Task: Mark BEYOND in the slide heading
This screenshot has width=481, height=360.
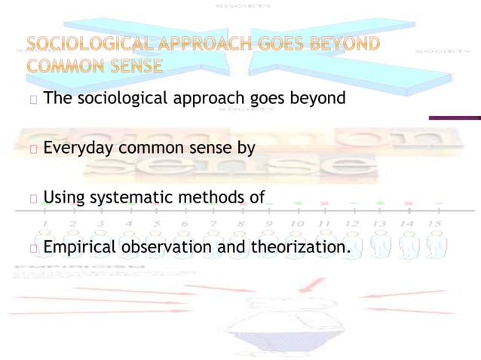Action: (348, 44)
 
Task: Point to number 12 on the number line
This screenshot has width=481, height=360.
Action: (352, 224)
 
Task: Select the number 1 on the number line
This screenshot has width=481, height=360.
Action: (45, 224)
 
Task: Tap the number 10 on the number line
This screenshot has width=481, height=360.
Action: (296, 224)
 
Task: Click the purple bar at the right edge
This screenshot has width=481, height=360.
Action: (455, 117)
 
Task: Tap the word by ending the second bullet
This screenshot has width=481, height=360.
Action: (247, 148)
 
